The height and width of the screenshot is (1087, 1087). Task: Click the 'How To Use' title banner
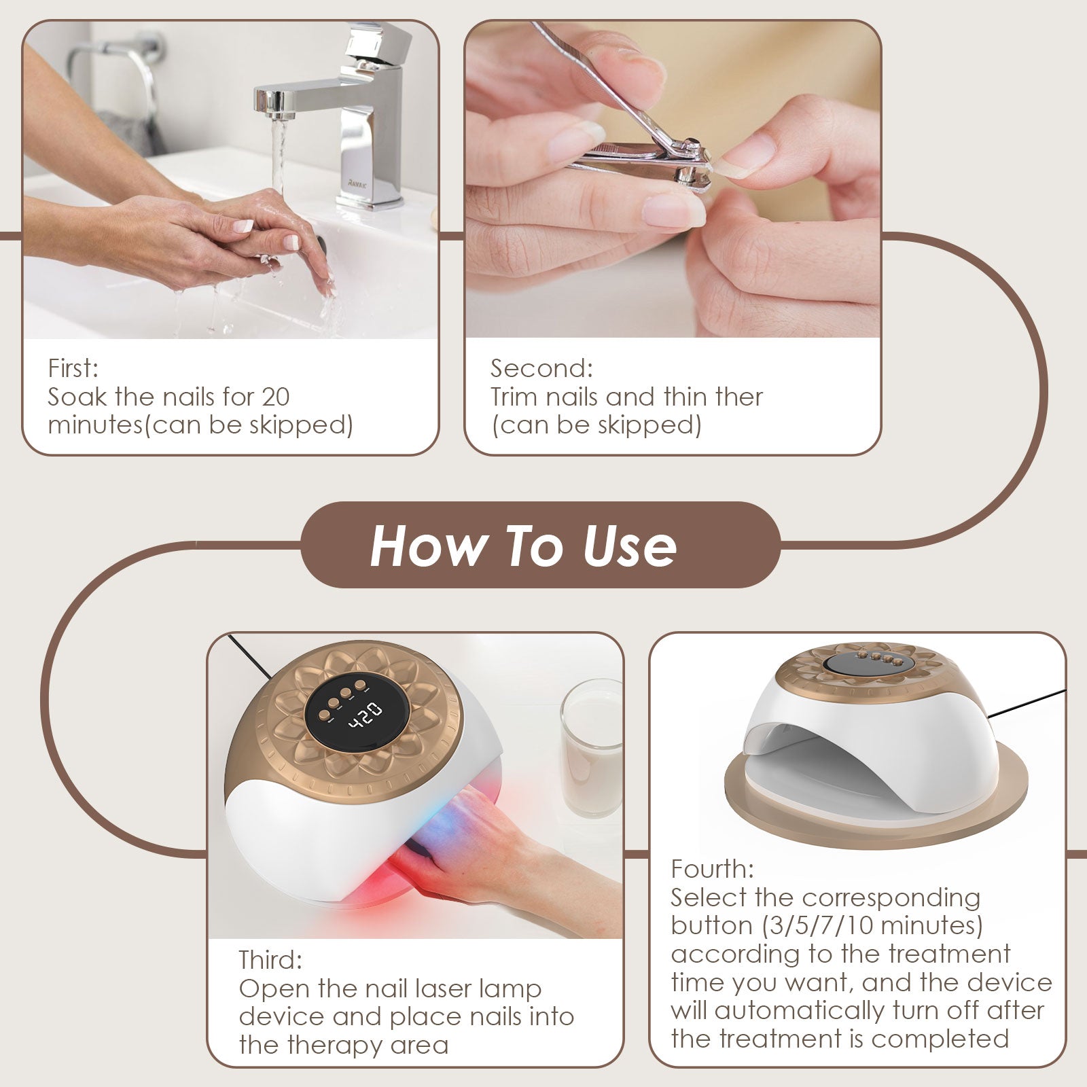541,545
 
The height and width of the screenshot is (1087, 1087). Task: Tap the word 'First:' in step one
73,368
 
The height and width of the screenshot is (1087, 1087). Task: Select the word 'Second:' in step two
541,368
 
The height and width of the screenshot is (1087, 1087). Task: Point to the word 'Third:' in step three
270,960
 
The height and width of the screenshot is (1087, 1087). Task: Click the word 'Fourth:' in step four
712,869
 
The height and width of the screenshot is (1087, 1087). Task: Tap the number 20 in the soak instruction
275,397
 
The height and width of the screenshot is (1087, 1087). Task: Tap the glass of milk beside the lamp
591,748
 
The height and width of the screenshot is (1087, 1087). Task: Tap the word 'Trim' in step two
514,397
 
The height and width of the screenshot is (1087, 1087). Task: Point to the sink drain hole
324,243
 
